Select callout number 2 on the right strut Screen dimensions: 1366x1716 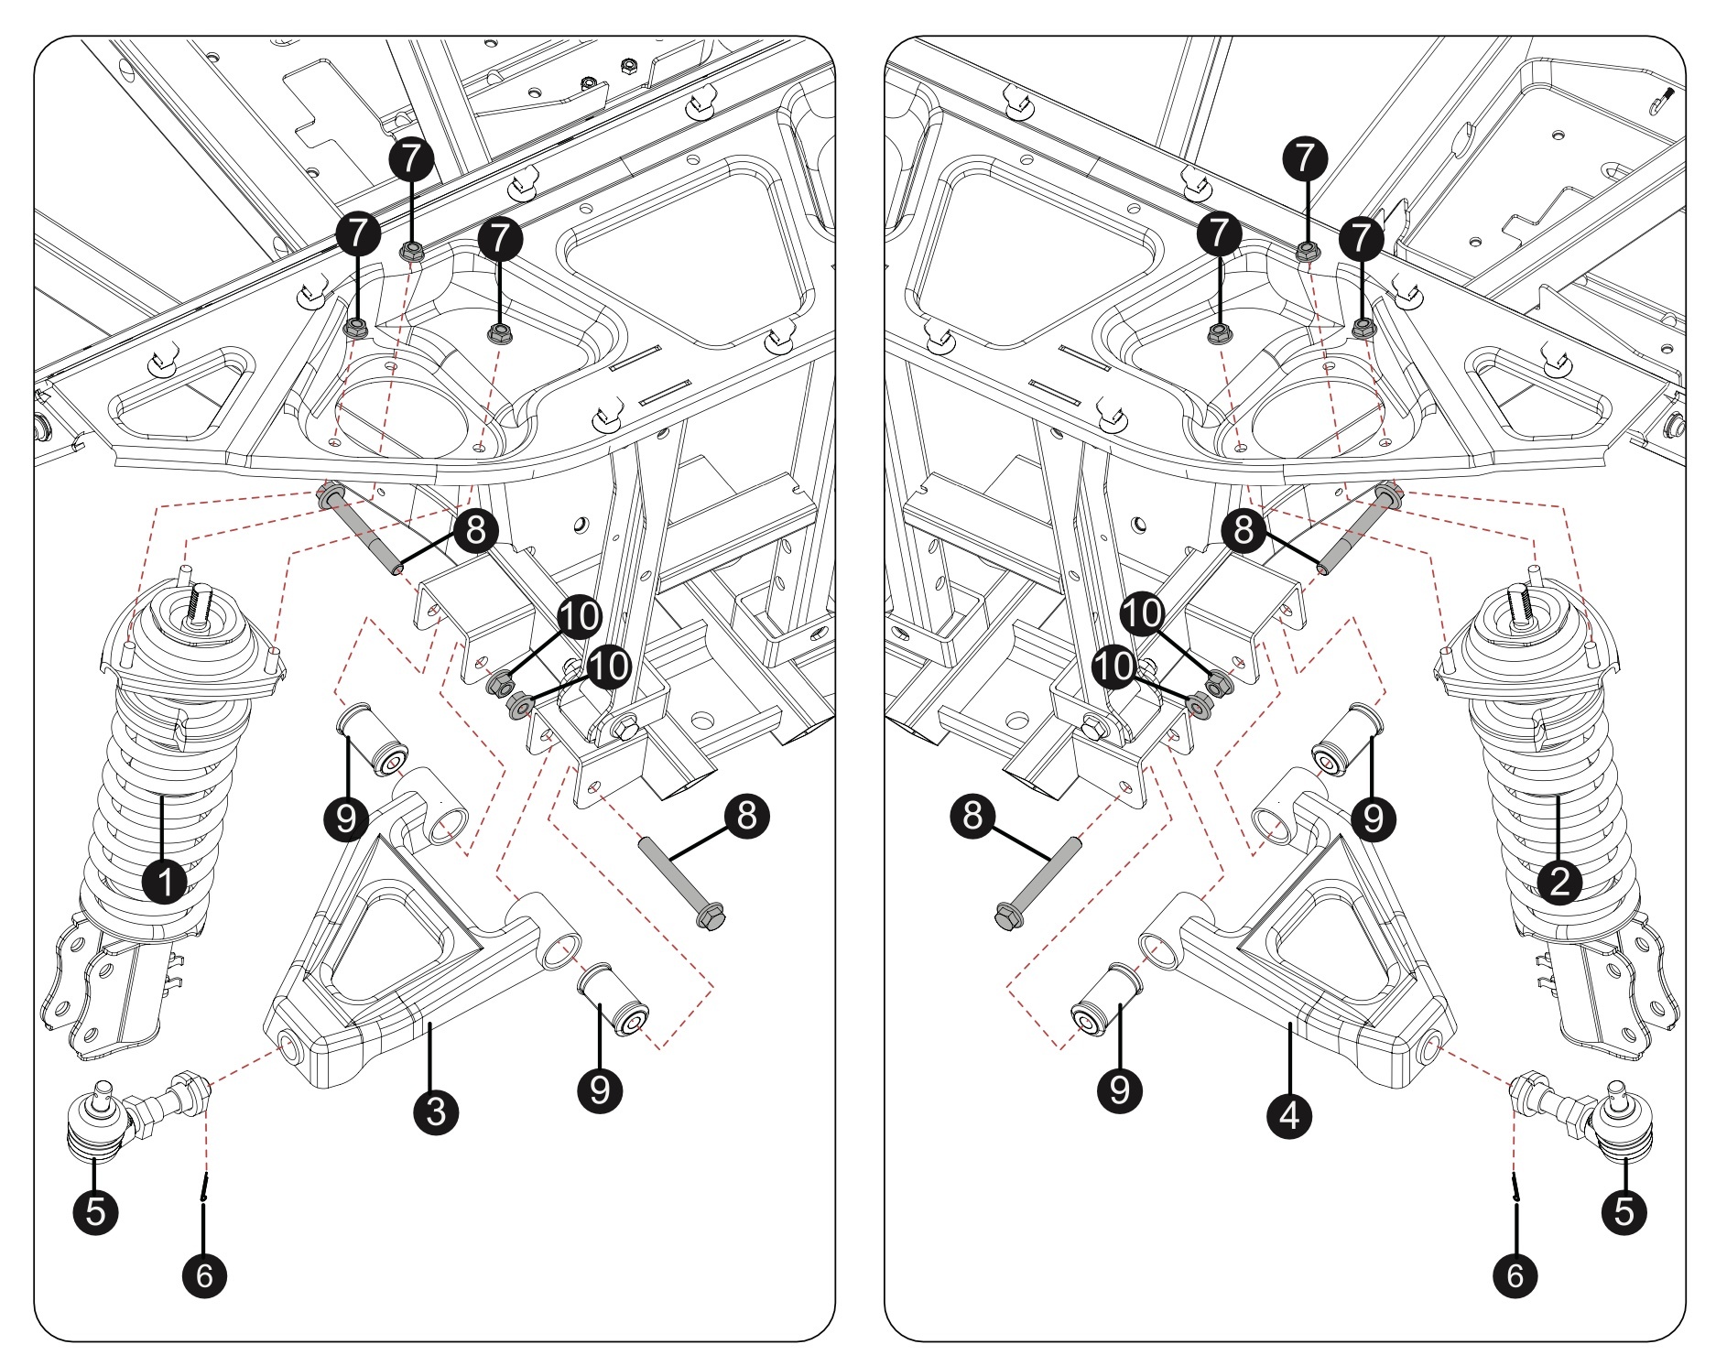click(1559, 882)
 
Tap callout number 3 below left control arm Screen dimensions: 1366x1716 click(436, 1111)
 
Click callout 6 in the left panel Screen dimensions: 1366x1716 click(204, 1274)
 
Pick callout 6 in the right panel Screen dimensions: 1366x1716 click(1515, 1274)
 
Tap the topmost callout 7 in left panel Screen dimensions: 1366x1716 click(413, 158)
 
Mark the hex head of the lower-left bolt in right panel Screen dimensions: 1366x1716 click(1007, 916)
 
